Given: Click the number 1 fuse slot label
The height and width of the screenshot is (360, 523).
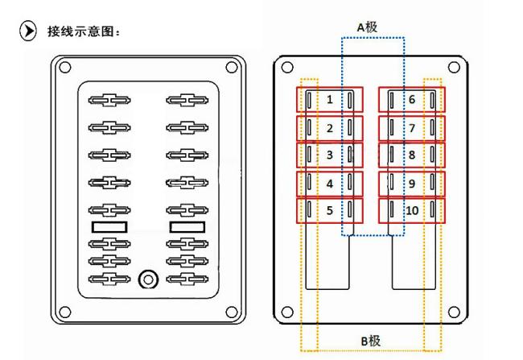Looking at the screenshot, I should coord(330,99).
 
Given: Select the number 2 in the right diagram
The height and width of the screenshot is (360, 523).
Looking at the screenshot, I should coord(330,127).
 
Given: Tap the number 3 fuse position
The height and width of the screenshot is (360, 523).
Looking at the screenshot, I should coord(330,154).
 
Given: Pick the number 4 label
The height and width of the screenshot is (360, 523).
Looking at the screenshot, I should coord(330,183).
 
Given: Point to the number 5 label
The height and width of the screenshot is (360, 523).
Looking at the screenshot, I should coord(330,211).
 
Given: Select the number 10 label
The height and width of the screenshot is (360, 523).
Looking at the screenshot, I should coord(412,211).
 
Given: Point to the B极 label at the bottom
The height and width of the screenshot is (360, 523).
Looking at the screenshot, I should coord(371,341).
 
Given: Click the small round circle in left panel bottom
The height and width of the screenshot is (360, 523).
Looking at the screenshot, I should coord(147,279).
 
